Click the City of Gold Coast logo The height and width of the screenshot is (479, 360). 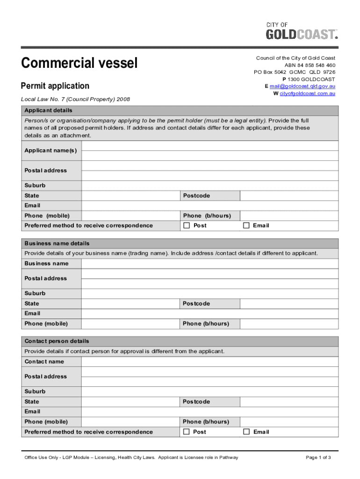tap(302, 31)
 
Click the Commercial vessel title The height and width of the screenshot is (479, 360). tap(79, 63)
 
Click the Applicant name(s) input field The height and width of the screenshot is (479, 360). tap(209, 150)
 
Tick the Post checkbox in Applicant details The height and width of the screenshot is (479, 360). tap(187, 225)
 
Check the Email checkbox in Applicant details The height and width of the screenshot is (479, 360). tap(246, 225)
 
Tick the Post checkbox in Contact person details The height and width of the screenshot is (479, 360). tap(187, 432)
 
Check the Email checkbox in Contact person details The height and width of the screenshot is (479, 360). tap(246, 432)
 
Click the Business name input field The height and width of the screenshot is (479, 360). tap(209, 263)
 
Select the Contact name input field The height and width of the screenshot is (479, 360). tap(209, 362)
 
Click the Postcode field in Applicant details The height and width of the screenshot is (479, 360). tap(289, 196)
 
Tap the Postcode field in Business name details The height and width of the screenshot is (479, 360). tap(289, 304)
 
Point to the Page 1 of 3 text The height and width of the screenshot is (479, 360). tap(318, 457)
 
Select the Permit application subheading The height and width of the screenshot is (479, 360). tap(55, 86)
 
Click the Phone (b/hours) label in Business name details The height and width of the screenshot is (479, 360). tap(206, 324)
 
